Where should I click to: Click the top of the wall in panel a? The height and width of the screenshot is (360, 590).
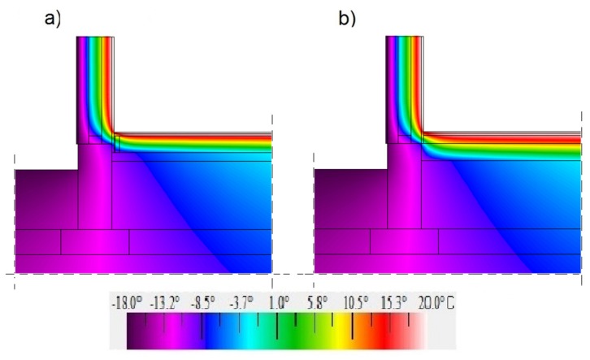pyautogui.click(x=95, y=39)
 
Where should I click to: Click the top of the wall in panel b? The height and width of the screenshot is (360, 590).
pyautogui.click(x=404, y=39)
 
